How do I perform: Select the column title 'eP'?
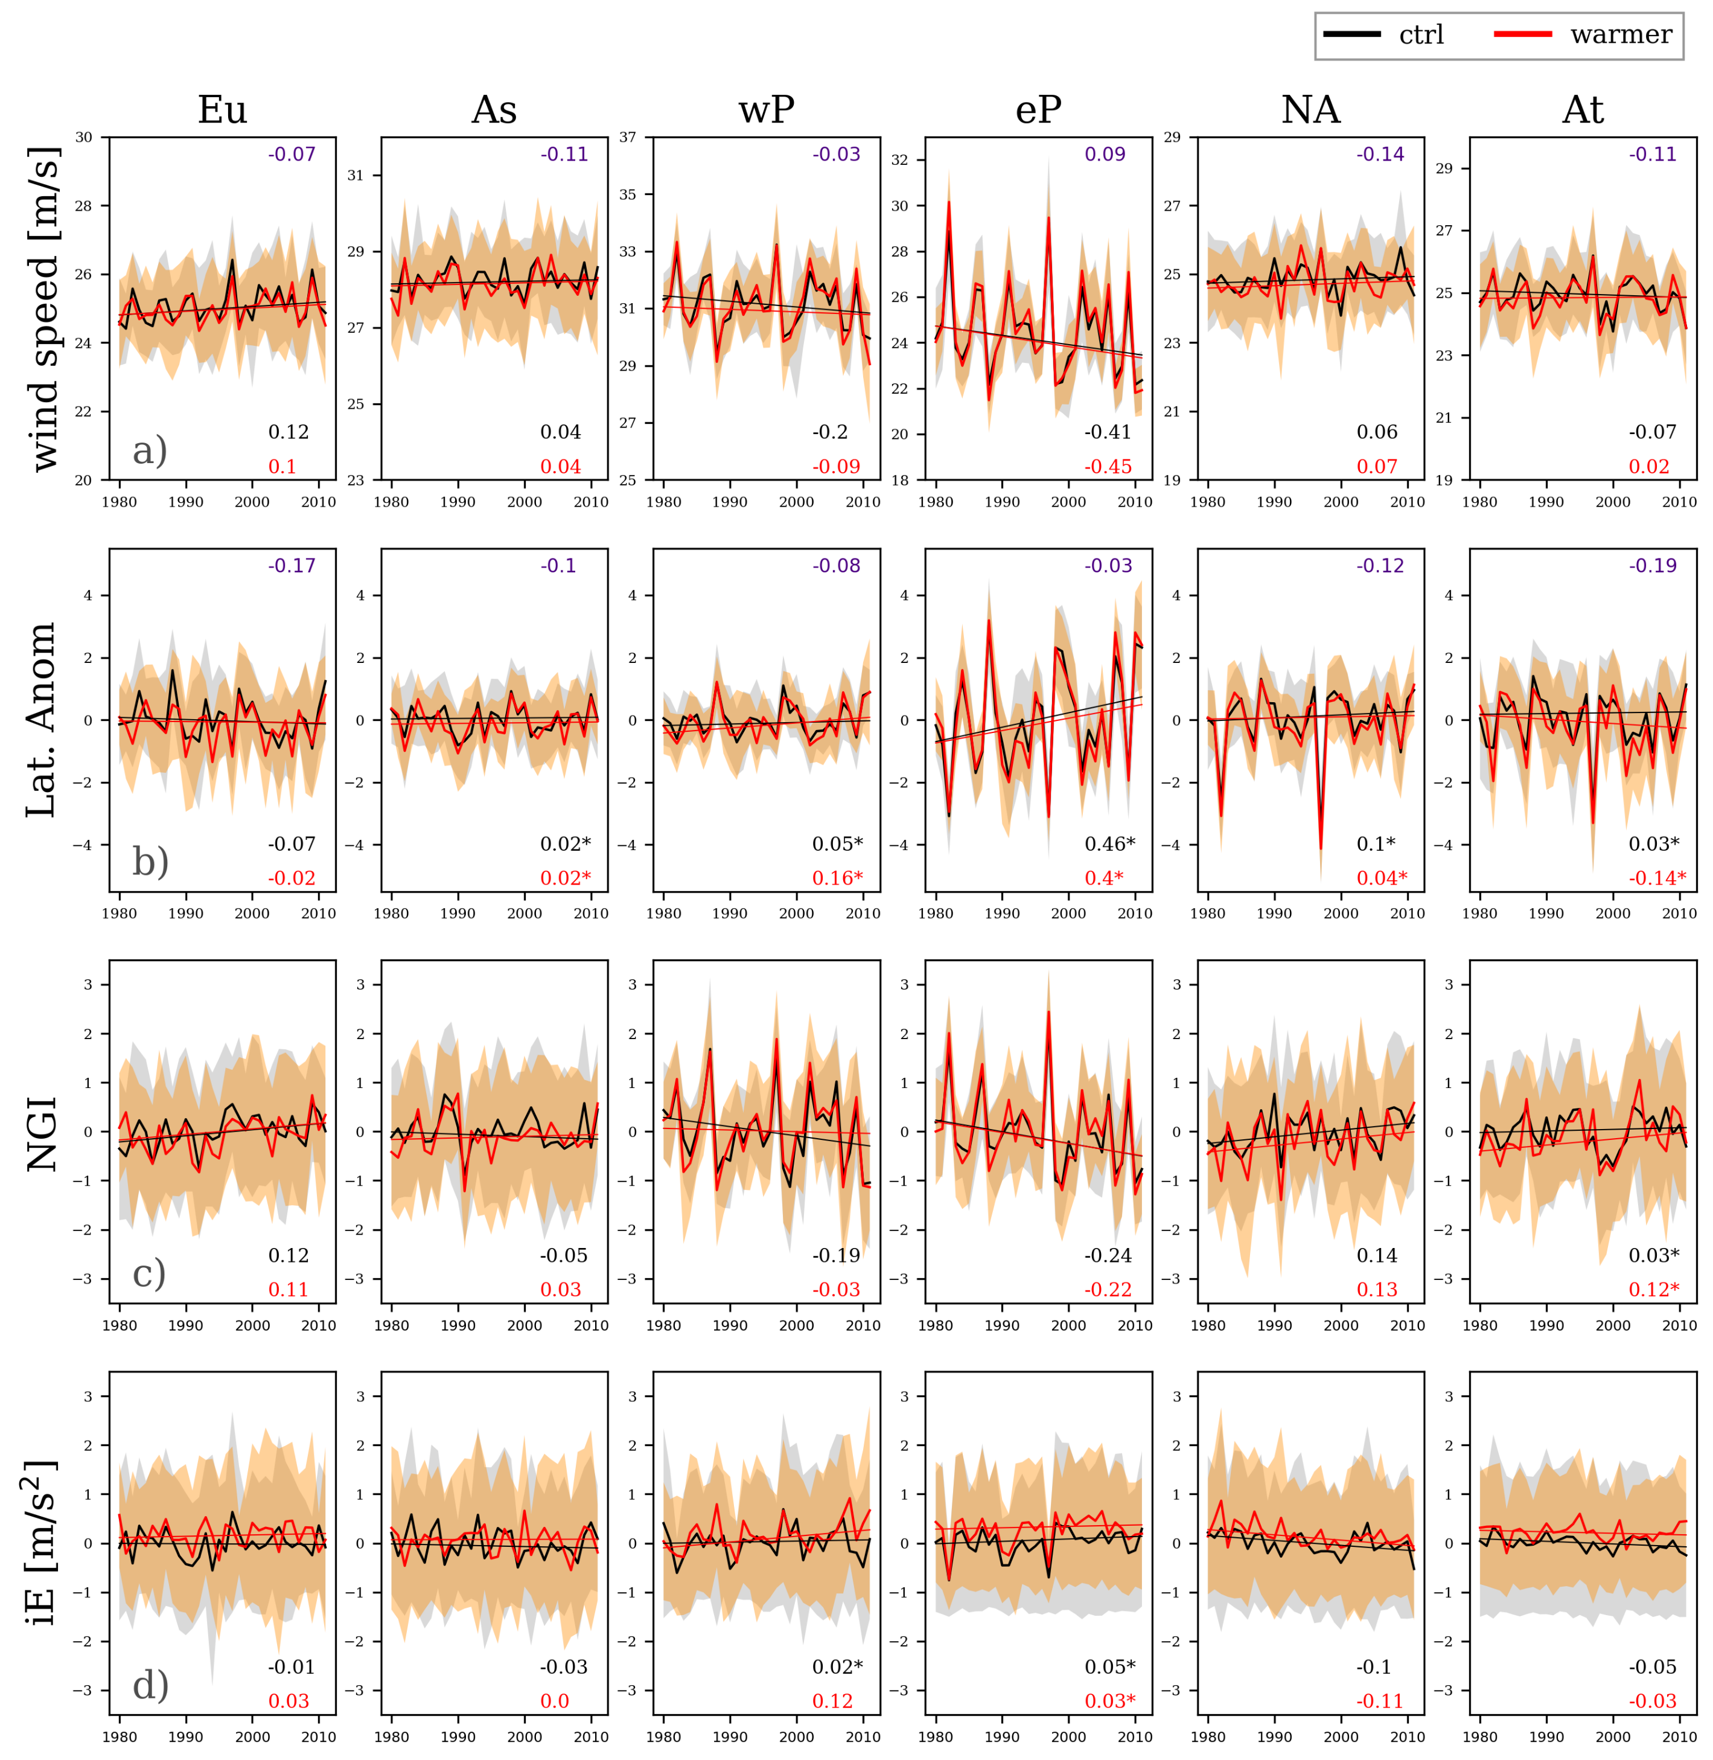tap(1038, 110)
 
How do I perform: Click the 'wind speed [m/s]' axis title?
tap(42, 309)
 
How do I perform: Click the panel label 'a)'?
tap(149, 450)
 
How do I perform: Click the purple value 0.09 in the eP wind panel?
tap(1105, 154)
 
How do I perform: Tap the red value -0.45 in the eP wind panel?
tap(1108, 466)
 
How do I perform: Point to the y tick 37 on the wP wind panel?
tap(627, 137)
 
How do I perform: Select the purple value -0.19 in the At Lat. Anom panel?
tap(1653, 565)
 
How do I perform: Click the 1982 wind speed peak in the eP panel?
tap(948, 203)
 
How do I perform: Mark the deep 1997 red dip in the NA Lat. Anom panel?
tap(1321, 848)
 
